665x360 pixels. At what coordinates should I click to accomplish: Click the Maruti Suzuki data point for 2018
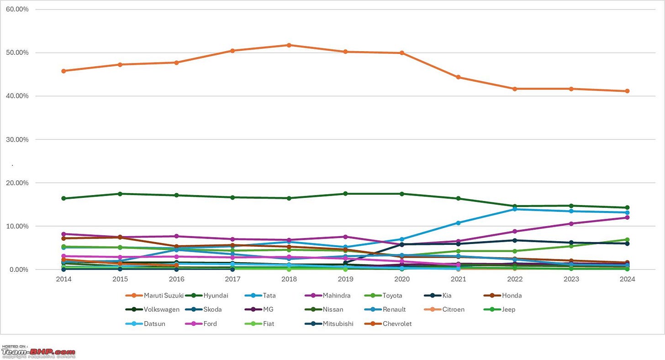coord(289,45)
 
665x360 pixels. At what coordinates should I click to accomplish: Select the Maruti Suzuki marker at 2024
coord(627,91)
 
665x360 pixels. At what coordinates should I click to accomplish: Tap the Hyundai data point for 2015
coord(120,194)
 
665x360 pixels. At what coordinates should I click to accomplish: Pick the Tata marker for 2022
coord(515,209)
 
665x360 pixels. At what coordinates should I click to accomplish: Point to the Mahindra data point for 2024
coord(627,217)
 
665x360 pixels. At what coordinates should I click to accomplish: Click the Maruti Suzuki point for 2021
coord(458,77)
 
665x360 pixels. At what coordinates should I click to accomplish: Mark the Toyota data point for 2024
coord(627,239)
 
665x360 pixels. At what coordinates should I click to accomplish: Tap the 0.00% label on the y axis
coord(19,270)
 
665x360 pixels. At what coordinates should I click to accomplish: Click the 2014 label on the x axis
coord(63,279)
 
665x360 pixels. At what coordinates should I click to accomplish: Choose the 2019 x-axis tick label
coord(345,279)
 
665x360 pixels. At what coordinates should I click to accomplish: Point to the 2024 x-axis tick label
coord(627,279)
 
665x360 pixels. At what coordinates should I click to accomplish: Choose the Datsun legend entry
coord(154,323)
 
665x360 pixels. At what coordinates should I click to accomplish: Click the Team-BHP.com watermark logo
coord(38,352)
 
